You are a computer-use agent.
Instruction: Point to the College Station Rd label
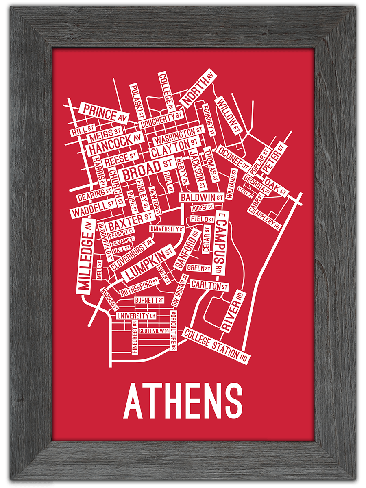point(216,346)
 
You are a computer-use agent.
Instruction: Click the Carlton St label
point(209,285)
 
